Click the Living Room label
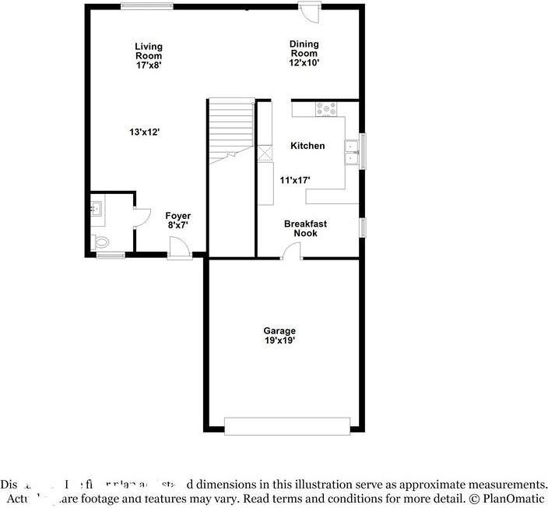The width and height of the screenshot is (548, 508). (x=148, y=51)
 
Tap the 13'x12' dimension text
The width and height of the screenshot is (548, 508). (x=145, y=132)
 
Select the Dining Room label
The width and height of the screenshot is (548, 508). (x=304, y=49)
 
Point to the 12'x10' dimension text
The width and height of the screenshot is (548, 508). (x=304, y=63)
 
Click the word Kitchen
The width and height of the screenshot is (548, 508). (x=307, y=146)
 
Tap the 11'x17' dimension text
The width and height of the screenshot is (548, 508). (x=295, y=180)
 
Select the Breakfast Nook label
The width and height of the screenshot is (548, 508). (x=305, y=228)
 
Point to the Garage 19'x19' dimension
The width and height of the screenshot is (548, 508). (x=279, y=340)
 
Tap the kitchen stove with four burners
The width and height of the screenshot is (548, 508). (x=325, y=109)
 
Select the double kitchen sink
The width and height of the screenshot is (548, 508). (x=352, y=152)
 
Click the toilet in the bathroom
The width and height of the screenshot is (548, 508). (x=100, y=242)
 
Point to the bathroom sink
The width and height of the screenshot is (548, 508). (x=96, y=208)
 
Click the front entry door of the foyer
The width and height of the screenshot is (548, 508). (x=180, y=249)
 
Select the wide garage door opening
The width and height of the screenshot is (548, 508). (x=287, y=425)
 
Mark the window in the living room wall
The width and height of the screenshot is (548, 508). (x=147, y=7)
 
